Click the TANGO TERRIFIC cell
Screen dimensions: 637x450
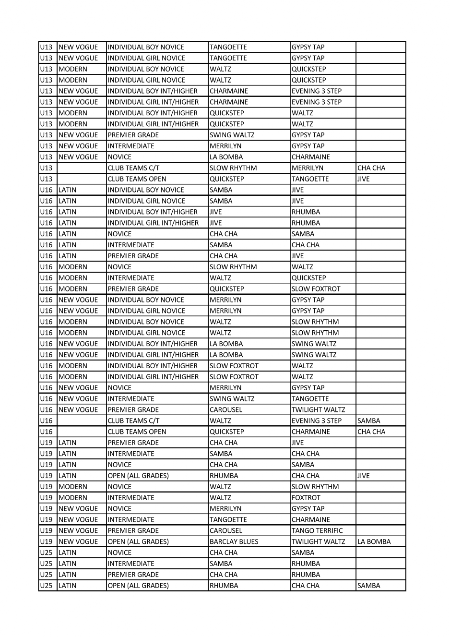click(317, 530)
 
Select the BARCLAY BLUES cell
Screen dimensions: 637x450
click(234, 541)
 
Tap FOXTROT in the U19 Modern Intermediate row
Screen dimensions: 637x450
click(306, 498)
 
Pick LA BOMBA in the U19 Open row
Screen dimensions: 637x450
click(374, 541)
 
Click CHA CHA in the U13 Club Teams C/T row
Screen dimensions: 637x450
click(371, 168)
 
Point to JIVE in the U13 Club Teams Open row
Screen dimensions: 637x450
click(363, 179)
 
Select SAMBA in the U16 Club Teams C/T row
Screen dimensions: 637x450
click(368, 421)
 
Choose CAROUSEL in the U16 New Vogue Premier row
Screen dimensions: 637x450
click(226, 409)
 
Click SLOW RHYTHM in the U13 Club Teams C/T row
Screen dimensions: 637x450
click(233, 168)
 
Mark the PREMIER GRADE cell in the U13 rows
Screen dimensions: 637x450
click(133, 135)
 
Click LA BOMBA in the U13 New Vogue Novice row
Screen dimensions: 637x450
click(226, 157)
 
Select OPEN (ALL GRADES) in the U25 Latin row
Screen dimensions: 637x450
click(138, 586)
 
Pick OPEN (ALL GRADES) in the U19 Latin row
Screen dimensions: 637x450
click(138, 476)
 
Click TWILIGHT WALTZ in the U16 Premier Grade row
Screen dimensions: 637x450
click(318, 409)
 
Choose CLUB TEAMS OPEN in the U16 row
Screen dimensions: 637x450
click(137, 432)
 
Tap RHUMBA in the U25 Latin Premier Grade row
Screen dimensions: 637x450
click(306, 575)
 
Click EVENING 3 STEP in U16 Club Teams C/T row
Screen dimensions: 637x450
click(317, 421)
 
